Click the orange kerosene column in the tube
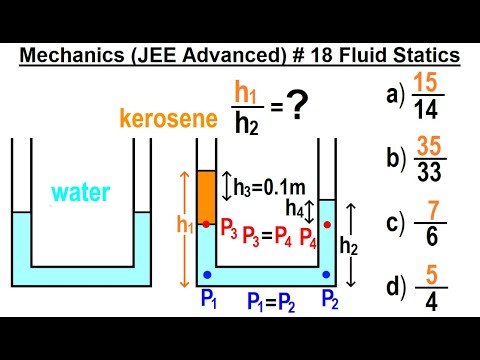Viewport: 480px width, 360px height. click(x=206, y=195)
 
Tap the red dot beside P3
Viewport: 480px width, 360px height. click(x=206, y=224)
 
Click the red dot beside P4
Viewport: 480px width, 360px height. click(x=327, y=224)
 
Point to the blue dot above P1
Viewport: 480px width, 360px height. click(x=206, y=273)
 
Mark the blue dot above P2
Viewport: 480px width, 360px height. click(x=327, y=273)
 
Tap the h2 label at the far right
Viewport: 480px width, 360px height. click(x=349, y=246)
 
